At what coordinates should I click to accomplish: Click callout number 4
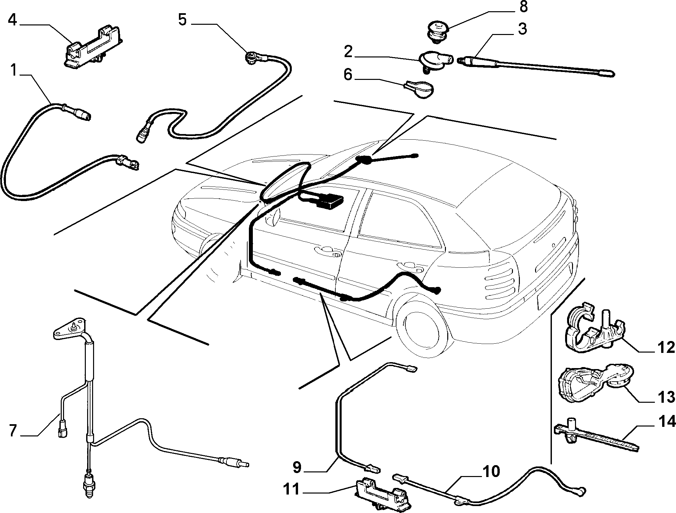coord(12,20)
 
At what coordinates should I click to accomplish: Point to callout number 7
coord(13,430)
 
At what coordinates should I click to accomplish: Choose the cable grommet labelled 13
coord(591,383)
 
